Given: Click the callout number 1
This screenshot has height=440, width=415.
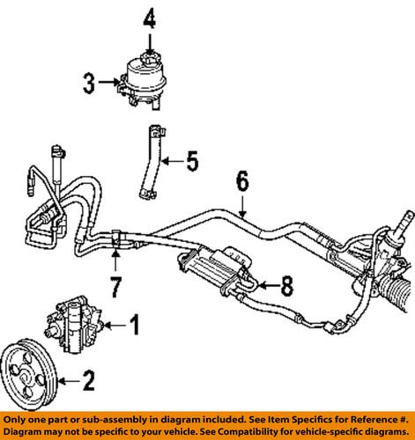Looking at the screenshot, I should pos(135,350).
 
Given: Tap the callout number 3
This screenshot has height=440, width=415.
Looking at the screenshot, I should pos(89,84).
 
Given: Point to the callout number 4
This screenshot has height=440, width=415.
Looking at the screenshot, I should pos(149,18).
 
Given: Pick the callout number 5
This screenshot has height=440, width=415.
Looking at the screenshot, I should pos(192,162).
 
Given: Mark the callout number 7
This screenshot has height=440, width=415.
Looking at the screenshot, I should pos(115,286).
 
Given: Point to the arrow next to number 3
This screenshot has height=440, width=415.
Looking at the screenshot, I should pos(109,84).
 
